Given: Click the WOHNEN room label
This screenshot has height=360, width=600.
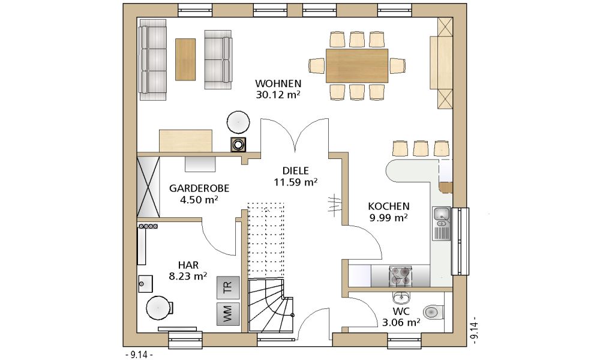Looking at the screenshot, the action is [x=278, y=83].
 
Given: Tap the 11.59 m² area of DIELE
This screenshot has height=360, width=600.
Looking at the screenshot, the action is [x=295, y=182].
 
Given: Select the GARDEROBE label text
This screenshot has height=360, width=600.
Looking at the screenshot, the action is [x=199, y=188].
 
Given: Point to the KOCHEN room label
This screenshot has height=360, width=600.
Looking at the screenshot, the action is [x=389, y=206].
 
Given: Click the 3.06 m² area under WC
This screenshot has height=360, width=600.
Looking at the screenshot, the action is [x=401, y=323].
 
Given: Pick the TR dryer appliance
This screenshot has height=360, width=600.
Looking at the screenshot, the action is [x=227, y=287].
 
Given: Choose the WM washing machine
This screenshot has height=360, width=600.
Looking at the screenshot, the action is [x=227, y=314].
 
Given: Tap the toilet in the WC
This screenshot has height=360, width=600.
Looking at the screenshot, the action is [x=433, y=312].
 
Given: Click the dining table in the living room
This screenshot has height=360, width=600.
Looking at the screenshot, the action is [x=357, y=65].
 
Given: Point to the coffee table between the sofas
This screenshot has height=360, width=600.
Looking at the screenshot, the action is [x=185, y=59].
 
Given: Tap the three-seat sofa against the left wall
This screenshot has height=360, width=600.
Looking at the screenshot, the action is [x=153, y=60].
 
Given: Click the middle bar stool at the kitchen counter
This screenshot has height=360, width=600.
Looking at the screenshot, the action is [x=421, y=148].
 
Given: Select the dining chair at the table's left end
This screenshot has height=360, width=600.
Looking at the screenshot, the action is [x=317, y=65].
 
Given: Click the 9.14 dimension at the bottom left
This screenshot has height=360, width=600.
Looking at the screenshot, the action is [x=139, y=355].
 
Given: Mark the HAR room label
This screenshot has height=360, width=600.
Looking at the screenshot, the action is [x=188, y=265].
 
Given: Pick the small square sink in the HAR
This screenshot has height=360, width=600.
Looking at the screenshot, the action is [x=145, y=283].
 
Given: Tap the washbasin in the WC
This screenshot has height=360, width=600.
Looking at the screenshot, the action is [x=401, y=296].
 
